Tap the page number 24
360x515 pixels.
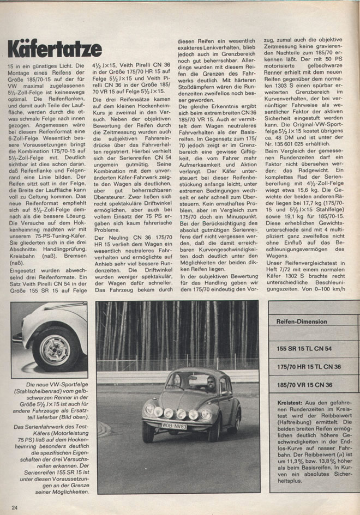click(x=14, y=507)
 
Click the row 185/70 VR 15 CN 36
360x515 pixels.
click(x=305, y=385)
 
